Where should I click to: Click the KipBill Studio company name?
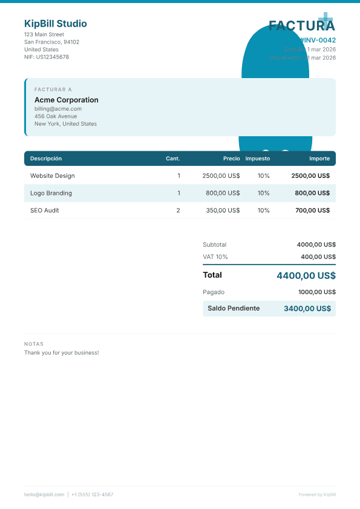pyautogui.click(x=56, y=24)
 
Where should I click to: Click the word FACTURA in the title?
pyautogui.click(x=301, y=25)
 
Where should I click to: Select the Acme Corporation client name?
pyautogui.click(x=67, y=100)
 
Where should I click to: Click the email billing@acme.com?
pyautogui.click(x=58, y=109)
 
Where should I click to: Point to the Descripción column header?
pyautogui.click(x=46, y=159)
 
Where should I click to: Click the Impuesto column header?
pyautogui.click(x=258, y=159)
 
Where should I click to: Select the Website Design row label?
pyautogui.click(x=53, y=176)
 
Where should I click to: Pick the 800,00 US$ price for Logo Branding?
pyautogui.click(x=223, y=193)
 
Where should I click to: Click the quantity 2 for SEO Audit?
pyautogui.click(x=178, y=211)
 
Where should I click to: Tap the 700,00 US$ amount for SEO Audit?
pyautogui.click(x=312, y=211)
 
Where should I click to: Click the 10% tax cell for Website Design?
pyautogui.click(x=263, y=176)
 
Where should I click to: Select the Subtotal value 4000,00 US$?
pyautogui.click(x=316, y=245)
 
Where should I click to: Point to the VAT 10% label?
pyautogui.click(x=215, y=257)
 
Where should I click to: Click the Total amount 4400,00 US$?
pyautogui.click(x=306, y=275)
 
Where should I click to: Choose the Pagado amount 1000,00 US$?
pyautogui.click(x=317, y=292)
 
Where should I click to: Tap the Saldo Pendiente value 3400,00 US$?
pyautogui.click(x=307, y=309)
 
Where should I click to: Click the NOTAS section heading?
pyautogui.click(x=34, y=344)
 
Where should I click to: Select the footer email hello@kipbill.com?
pyautogui.click(x=44, y=494)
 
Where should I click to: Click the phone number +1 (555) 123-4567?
pyautogui.click(x=92, y=494)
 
